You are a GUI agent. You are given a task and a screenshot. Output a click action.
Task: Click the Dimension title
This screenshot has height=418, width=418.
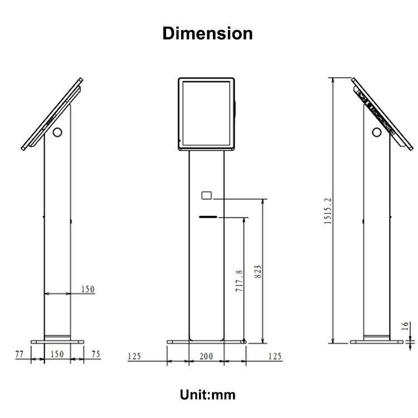(x=207, y=33)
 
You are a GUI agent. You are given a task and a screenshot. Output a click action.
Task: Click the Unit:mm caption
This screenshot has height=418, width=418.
(x=207, y=395)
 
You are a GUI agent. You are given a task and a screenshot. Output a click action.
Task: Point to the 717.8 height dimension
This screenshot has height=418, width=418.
(x=239, y=281)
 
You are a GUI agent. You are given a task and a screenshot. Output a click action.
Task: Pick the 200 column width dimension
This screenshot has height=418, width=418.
(x=207, y=356)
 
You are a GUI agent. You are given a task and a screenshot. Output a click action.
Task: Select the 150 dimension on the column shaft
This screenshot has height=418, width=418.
(x=88, y=289)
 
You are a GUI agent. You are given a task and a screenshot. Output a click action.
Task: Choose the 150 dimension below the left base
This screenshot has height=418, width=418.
(x=57, y=354)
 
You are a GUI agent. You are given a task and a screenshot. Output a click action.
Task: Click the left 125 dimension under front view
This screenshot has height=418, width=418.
(x=134, y=356)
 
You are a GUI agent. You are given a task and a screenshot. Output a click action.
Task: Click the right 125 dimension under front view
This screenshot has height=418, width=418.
(x=275, y=356)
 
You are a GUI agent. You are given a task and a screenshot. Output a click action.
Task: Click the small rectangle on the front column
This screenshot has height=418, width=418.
(x=206, y=195)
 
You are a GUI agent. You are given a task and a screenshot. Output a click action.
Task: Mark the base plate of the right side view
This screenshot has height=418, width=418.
(x=377, y=342)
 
